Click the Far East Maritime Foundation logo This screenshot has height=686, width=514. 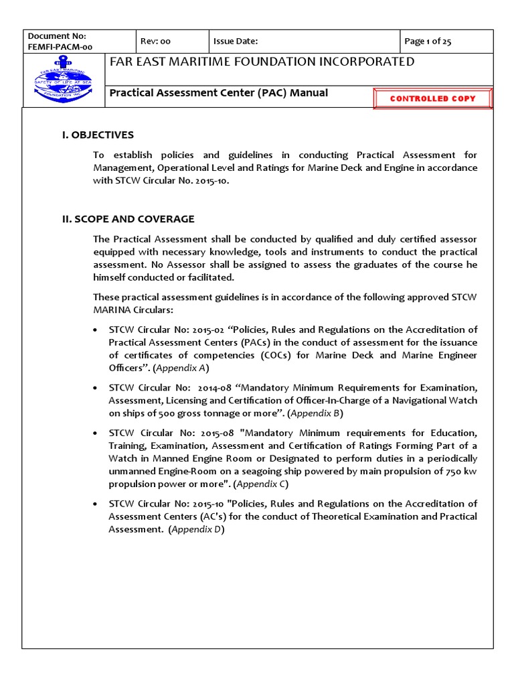click(64, 80)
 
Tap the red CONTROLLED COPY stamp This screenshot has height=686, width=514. click(432, 98)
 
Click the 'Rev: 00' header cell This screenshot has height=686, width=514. click(155, 42)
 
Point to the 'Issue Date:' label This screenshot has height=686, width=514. click(235, 42)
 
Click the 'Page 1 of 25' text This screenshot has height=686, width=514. click(428, 42)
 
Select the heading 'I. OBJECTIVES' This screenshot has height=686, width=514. click(98, 135)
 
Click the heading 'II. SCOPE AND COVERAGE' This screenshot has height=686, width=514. click(128, 219)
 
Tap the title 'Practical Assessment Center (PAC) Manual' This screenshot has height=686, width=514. click(219, 93)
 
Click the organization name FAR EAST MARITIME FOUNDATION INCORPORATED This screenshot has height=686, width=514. click(262, 62)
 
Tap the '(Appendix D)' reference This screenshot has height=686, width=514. click(196, 529)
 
